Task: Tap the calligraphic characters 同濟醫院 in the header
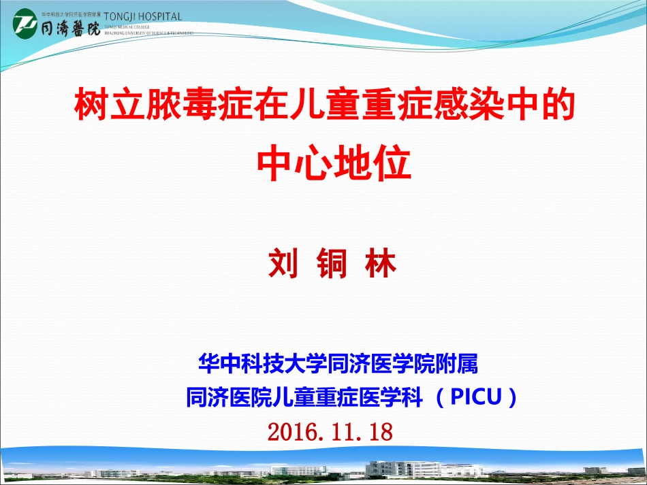[69, 27]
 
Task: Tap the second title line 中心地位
[334, 164]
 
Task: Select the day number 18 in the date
[380, 432]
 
